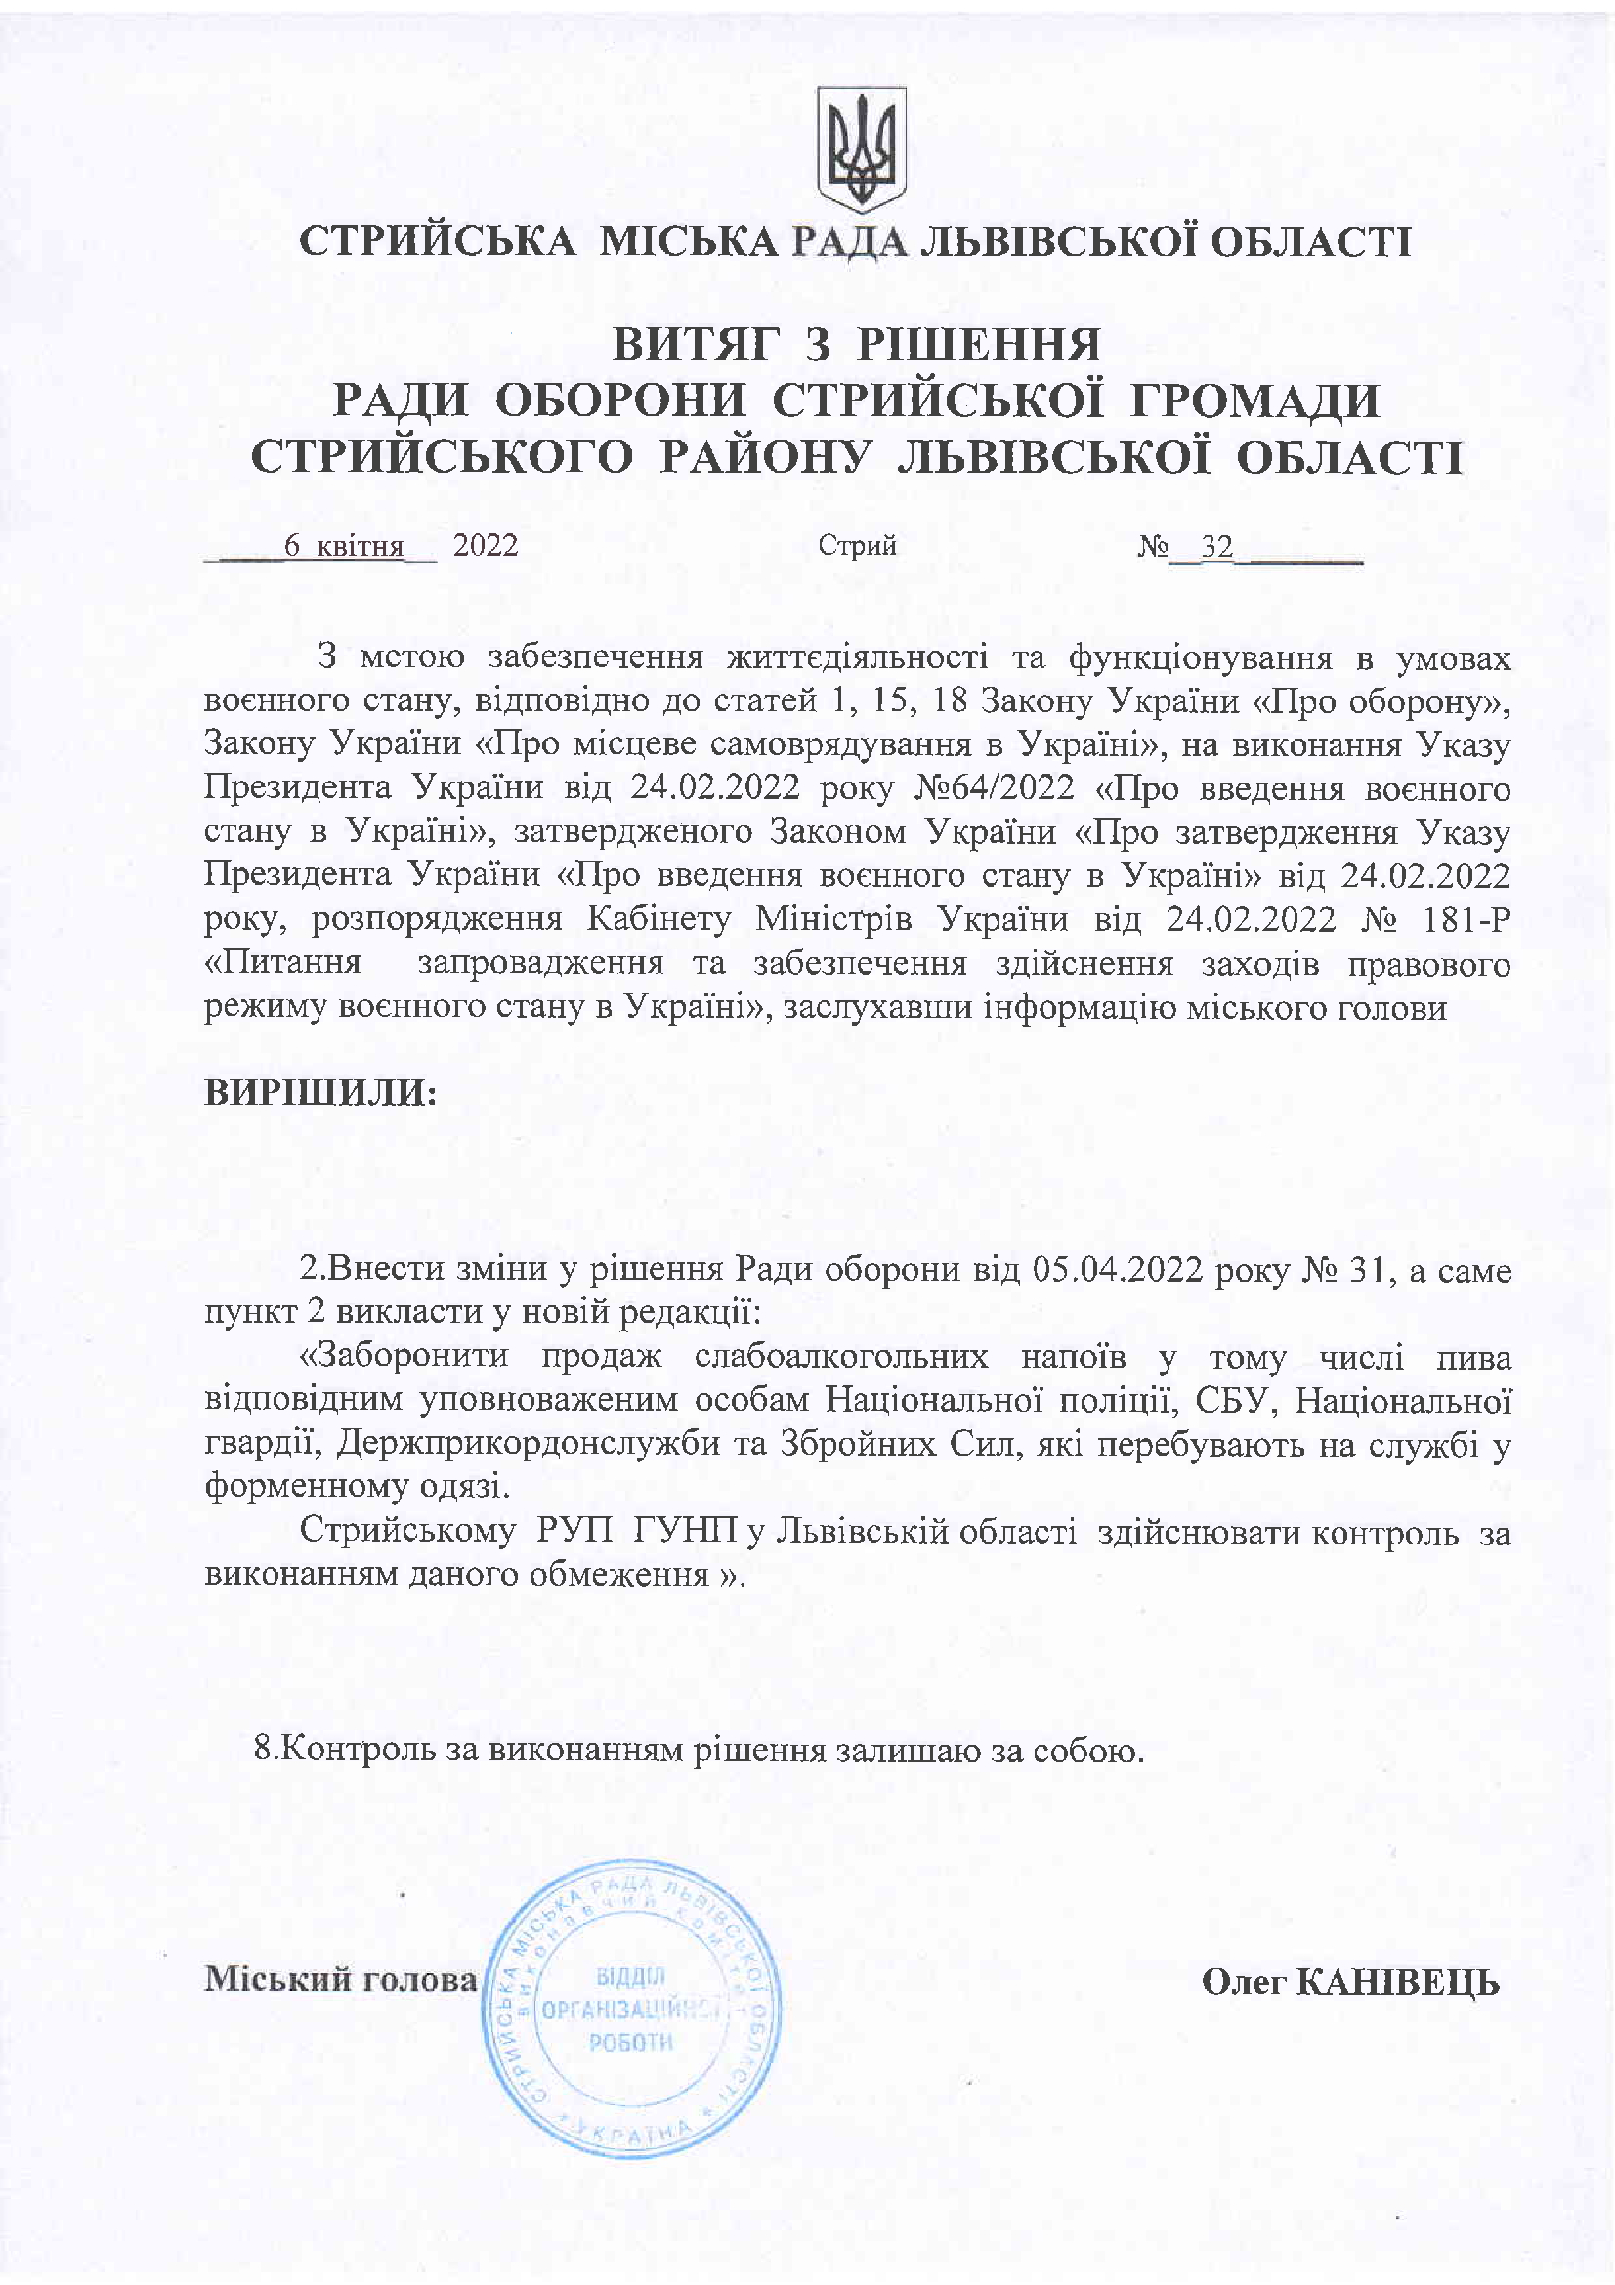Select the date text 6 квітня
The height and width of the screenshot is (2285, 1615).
tap(343, 546)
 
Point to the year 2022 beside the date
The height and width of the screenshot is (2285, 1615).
tap(486, 546)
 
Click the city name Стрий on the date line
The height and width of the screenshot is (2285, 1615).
tap(857, 546)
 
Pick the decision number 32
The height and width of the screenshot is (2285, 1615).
tap(1217, 546)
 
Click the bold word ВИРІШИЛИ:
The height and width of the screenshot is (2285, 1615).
tap(320, 1093)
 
